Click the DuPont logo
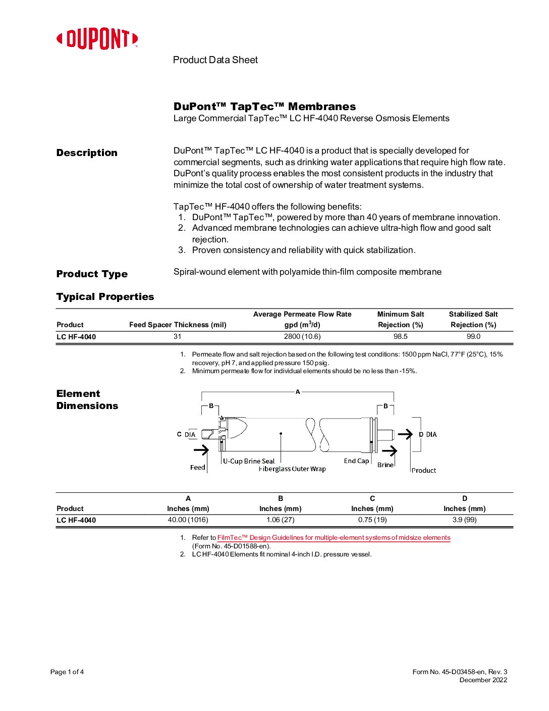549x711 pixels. (97, 39)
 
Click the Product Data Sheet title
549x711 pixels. (215, 60)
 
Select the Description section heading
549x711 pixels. (87, 153)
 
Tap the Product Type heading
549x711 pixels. (92, 274)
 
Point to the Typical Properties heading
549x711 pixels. (105, 297)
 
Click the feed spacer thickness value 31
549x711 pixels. (178, 337)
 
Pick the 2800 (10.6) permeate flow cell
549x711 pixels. (302, 337)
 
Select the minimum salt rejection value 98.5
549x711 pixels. (401, 337)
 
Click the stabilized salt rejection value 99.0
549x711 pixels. (473, 337)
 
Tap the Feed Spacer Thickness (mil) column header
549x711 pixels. (178, 325)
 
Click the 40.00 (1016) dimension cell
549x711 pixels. (188, 520)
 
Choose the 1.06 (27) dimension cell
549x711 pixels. (281, 520)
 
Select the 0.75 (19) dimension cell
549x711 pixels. (372, 520)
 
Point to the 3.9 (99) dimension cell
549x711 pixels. (464, 520)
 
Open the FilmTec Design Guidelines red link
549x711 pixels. (334, 538)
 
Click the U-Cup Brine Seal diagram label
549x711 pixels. (249, 461)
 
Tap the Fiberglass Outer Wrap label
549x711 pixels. (292, 469)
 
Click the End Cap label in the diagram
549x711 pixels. (356, 461)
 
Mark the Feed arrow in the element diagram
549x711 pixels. (201, 450)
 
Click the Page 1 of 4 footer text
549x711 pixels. (67, 672)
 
